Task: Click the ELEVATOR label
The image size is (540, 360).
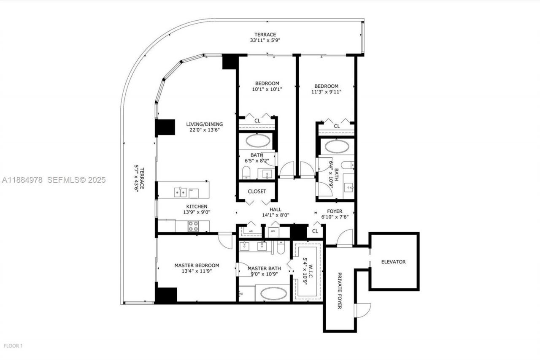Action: click(x=393, y=262)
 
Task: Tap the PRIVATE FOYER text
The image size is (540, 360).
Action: click(x=339, y=290)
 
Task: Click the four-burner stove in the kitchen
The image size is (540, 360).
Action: click(x=193, y=226)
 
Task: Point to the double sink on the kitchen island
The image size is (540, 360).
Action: click(x=180, y=192)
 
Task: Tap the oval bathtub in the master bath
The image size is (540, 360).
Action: click(x=272, y=293)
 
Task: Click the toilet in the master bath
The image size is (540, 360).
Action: click(x=280, y=247)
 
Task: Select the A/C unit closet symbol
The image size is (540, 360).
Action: click(x=251, y=231)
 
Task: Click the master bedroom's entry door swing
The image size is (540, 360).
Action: click(x=225, y=241)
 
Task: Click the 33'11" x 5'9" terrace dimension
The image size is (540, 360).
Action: click(x=265, y=41)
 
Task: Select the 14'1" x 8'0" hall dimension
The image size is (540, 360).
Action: click(x=275, y=215)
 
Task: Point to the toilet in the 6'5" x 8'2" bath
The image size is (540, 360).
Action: click(x=246, y=172)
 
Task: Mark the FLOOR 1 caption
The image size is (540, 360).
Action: click(x=13, y=346)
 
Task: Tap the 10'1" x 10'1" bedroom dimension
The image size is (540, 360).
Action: click(x=267, y=89)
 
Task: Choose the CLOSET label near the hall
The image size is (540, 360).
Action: click(x=257, y=191)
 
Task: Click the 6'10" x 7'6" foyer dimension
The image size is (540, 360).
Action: click(x=335, y=217)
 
